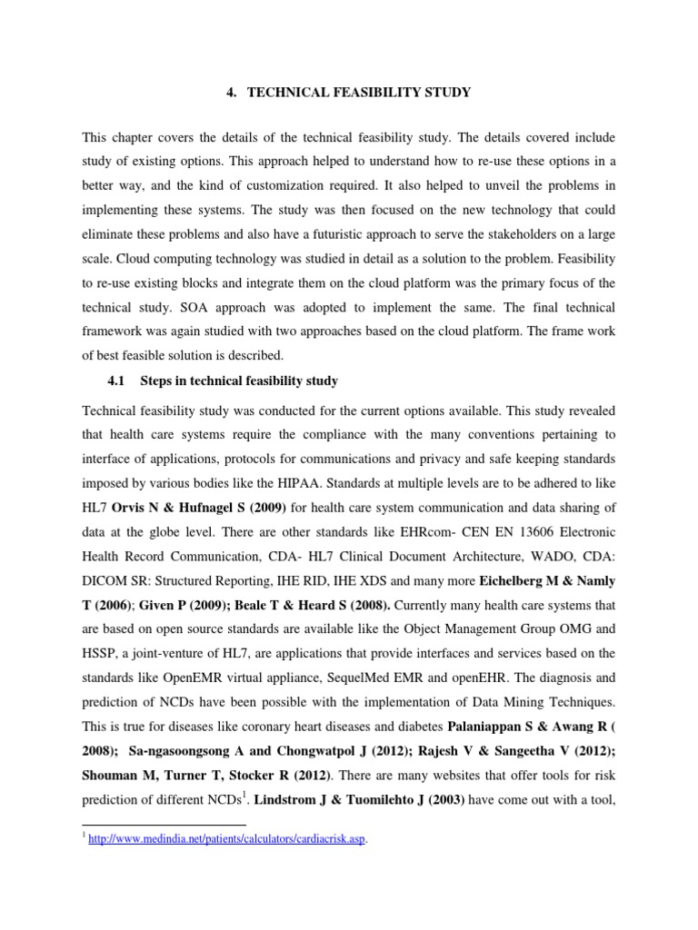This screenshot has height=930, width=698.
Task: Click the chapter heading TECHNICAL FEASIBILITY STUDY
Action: [x=361, y=92]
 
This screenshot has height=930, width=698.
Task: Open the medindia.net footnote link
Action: [x=227, y=839]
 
